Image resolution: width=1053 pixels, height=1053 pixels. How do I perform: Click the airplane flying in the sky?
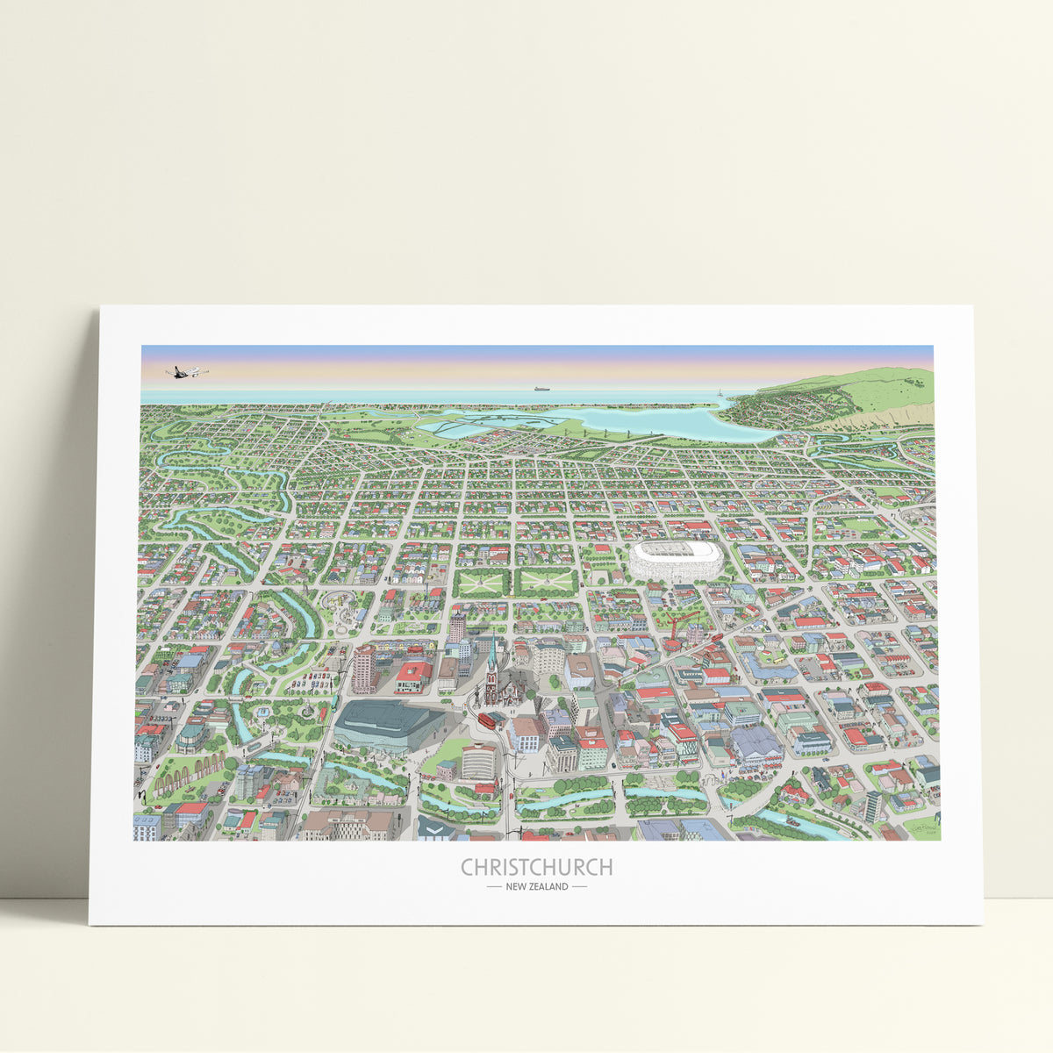pyautogui.click(x=185, y=372)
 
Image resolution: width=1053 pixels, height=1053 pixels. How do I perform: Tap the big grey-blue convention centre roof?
pyautogui.click(x=386, y=721)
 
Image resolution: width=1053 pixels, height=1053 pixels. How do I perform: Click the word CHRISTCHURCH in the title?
pyautogui.click(x=536, y=867)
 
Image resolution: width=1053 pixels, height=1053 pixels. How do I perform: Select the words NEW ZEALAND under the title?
pyautogui.click(x=536, y=886)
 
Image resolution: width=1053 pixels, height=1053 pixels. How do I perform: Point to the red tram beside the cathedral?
pyautogui.click(x=484, y=720)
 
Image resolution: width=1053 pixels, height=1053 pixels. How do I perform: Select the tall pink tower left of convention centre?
pyautogui.click(x=362, y=670)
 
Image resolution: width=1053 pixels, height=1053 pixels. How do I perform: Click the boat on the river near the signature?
pyautogui.click(x=792, y=822)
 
